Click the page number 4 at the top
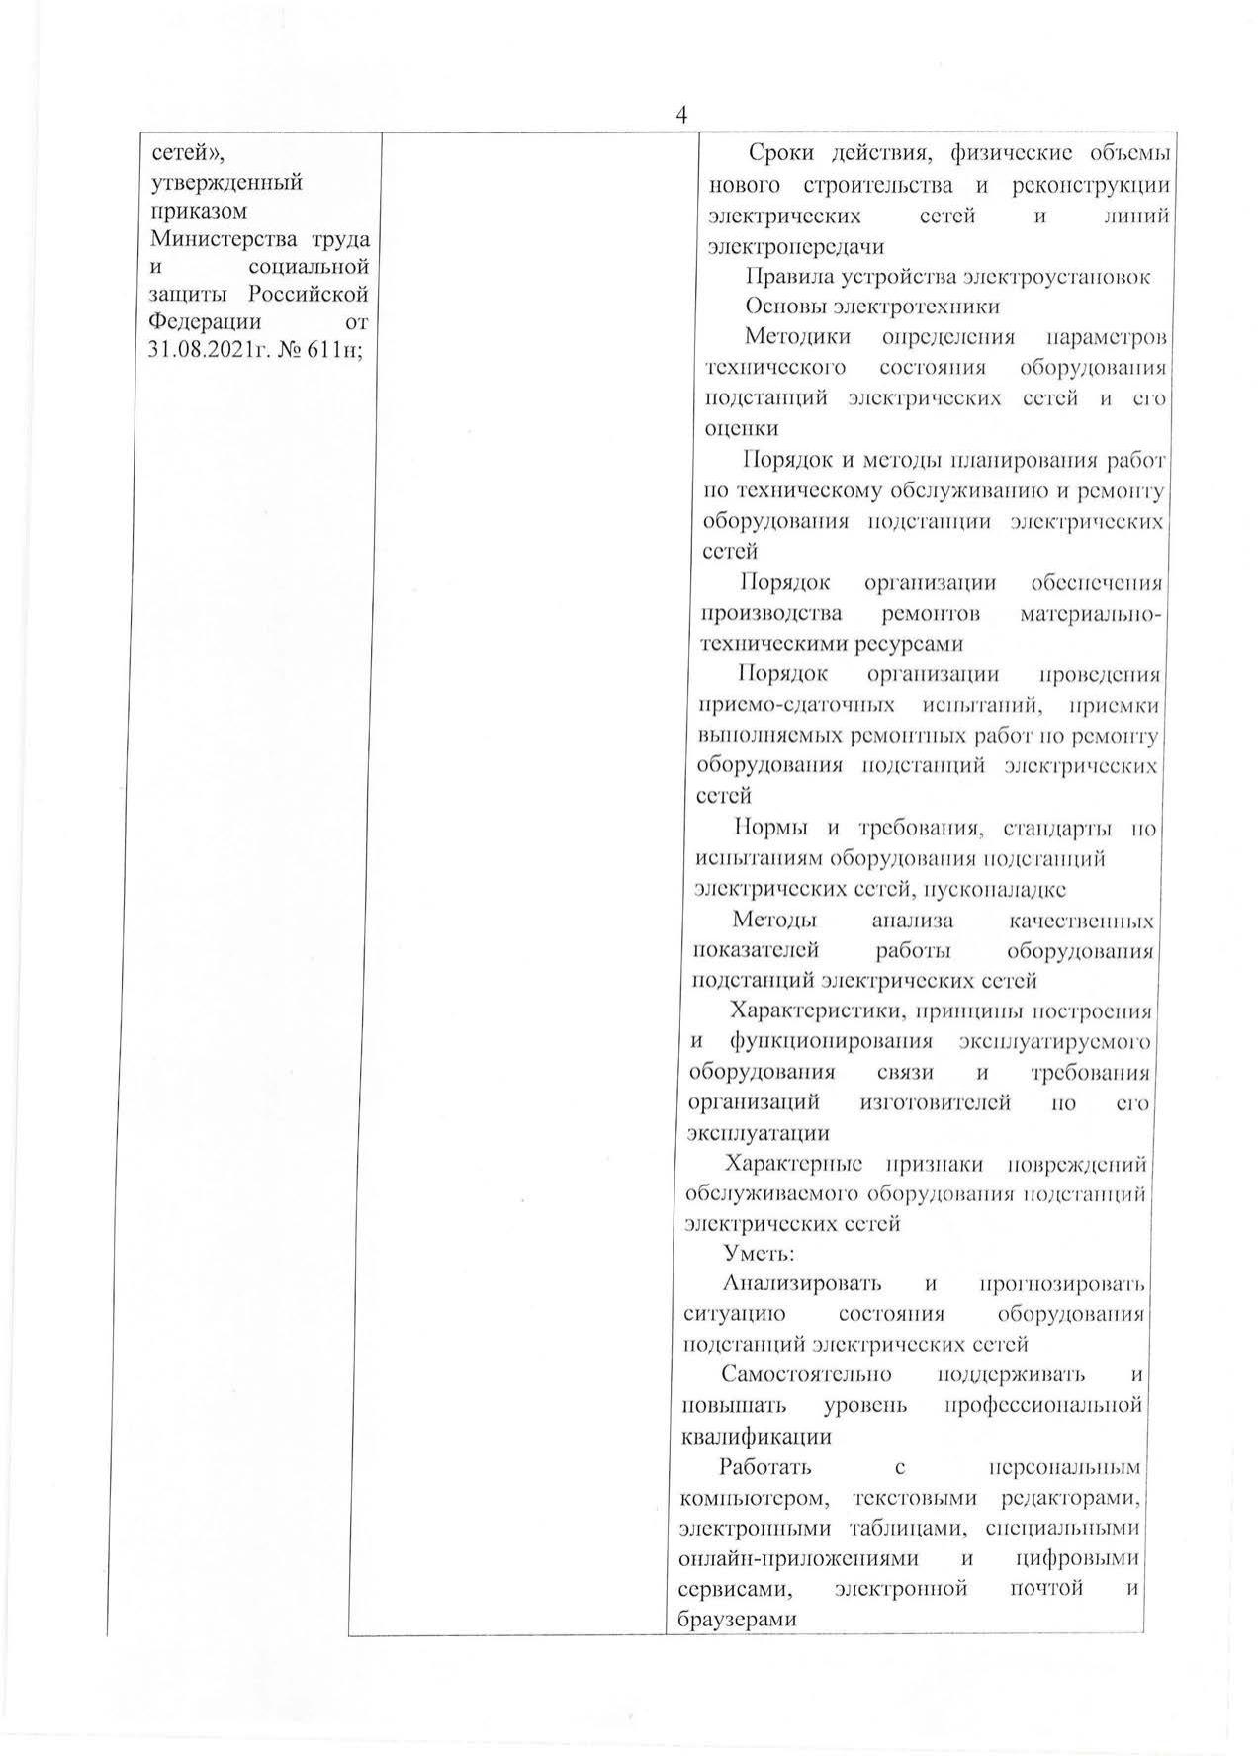(681, 116)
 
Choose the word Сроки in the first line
(780, 155)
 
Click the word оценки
(741, 428)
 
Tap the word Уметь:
(760, 1254)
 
